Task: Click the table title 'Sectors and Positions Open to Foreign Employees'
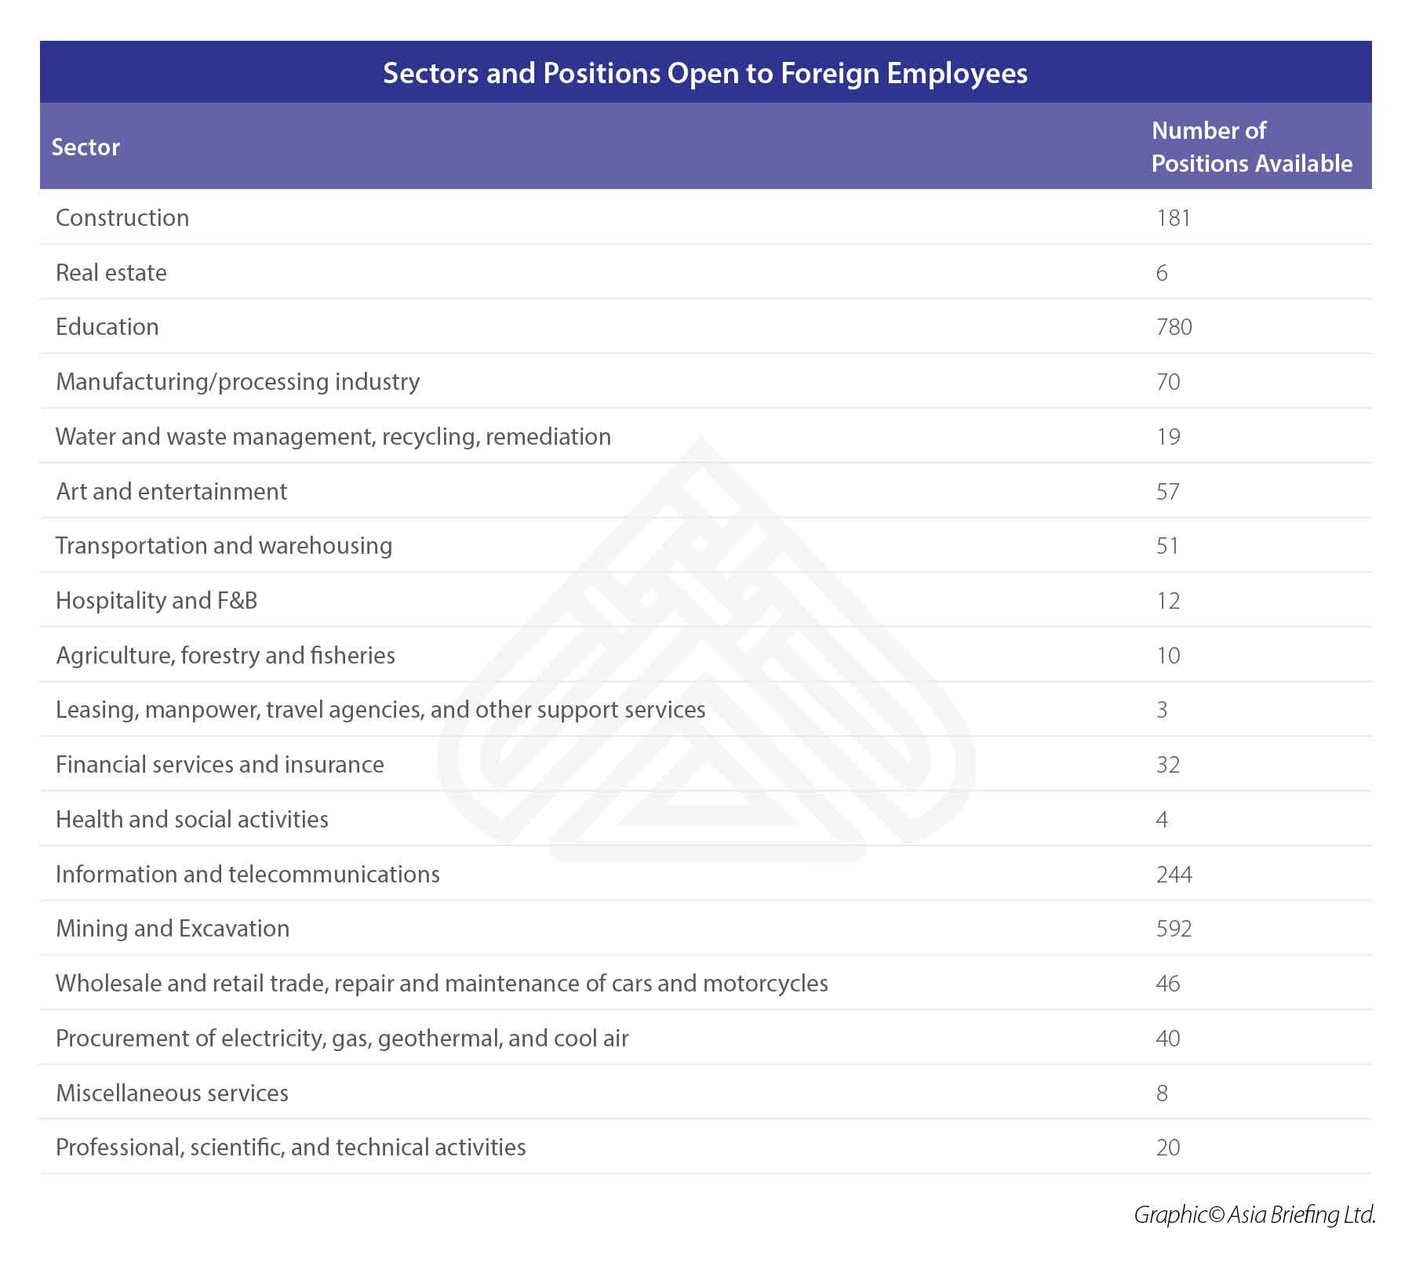tap(705, 73)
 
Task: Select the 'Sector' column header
tap(86, 147)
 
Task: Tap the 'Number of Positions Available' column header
tap(1251, 147)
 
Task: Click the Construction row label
tap(122, 217)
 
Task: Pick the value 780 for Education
tap(1174, 327)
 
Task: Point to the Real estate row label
tap(111, 272)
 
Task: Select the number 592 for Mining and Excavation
tap(1174, 929)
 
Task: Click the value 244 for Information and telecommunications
tap(1174, 874)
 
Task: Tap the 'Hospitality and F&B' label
tap(157, 601)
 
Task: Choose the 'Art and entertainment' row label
tap(172, 491)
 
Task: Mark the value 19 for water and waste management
tap(1168, 437)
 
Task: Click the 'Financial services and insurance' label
tap(220, 765)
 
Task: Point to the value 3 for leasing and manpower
tap(1162, 710)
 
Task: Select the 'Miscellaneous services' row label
tap(173, 1093)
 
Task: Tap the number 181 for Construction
tap(1174, 217)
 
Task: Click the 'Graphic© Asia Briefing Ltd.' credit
tap(1254, 1215)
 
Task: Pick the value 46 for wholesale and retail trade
tap(1168, 984)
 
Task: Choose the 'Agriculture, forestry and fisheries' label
tap(226, 655)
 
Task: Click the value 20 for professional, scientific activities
tap(1168, 1148)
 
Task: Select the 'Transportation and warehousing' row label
tap(224, 546)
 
